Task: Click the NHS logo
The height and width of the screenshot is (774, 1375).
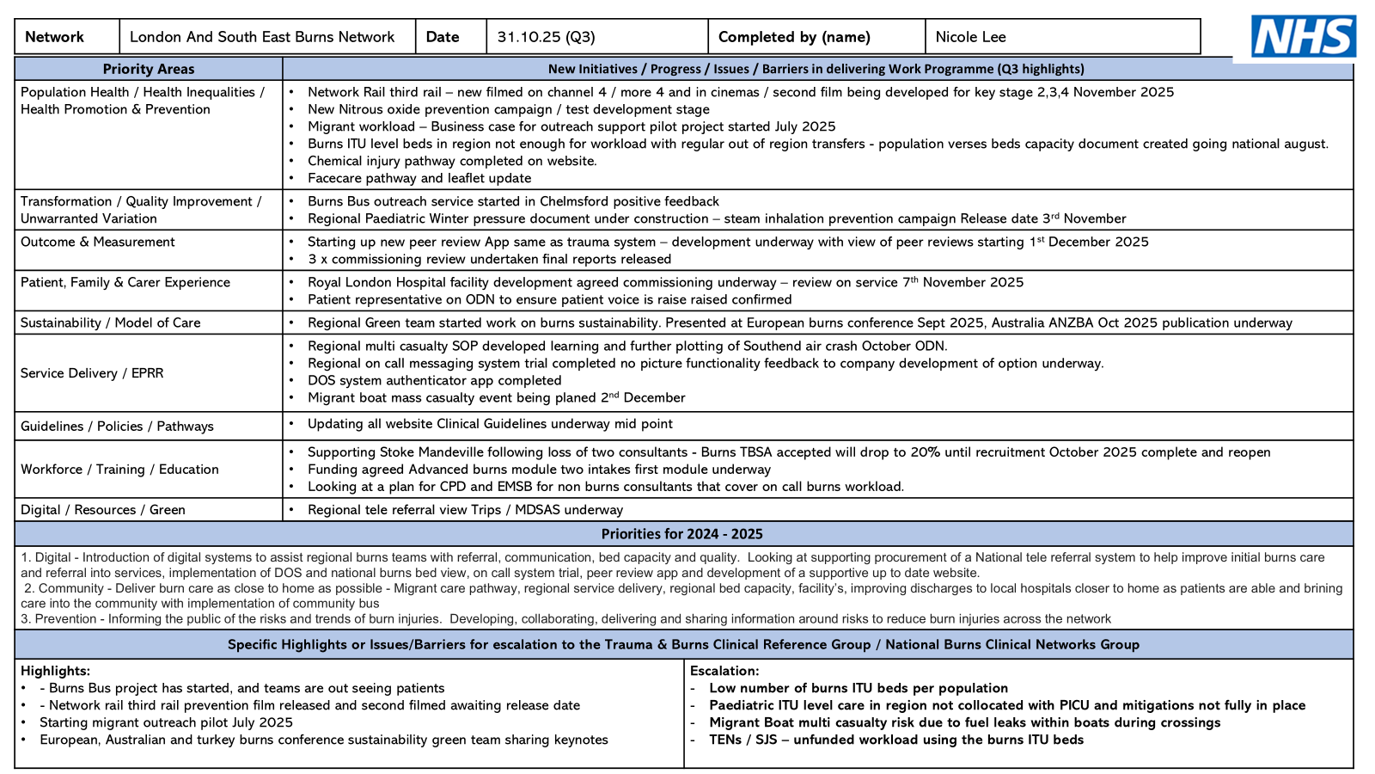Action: coord(1303,37)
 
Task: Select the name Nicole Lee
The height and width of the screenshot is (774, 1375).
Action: coord(970,37)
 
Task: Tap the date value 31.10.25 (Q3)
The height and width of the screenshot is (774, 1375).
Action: coord(546,37)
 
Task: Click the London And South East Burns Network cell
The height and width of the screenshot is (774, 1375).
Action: coord(262,37)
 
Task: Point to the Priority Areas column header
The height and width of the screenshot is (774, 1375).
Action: coord(149,69)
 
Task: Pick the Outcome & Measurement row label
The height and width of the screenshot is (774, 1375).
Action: coord(98,242)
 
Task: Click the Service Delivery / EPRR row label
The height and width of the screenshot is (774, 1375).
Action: coord(92,373)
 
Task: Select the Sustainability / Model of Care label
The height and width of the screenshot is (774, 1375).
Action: coord(111,322)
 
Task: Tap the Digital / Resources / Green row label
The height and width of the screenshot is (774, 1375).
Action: coord(103,510)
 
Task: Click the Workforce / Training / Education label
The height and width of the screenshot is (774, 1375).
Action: coord(119,470)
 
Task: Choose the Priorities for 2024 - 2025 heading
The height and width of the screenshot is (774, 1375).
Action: coord(682,534)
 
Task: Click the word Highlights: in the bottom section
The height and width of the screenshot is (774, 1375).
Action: coord(55,671)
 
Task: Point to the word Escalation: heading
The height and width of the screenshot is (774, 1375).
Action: coord(724,671)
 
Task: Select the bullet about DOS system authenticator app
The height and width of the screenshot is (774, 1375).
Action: coord(434,380)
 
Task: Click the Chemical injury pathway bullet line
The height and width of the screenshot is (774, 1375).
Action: coord(452,161)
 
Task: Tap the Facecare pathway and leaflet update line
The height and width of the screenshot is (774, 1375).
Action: coord(419,178)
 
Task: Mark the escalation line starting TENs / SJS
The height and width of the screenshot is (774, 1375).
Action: coord(896,740)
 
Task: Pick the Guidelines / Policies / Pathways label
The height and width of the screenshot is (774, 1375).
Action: coord(117,427)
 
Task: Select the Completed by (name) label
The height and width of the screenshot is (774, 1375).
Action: coord(794,37)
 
